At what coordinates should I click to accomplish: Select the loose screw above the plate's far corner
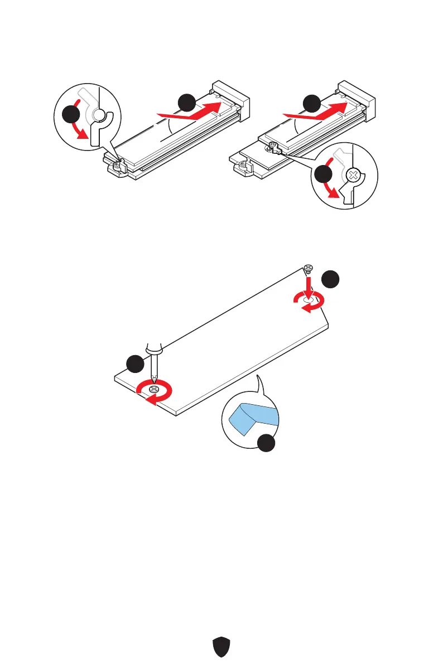pos(309,269)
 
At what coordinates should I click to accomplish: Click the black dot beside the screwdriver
pos(134,366)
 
